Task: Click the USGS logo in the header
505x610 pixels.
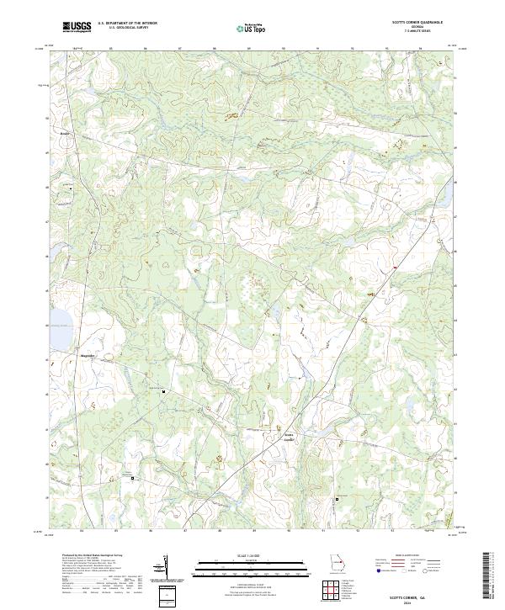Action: click(77, 27)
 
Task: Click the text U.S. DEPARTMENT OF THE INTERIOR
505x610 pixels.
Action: click(128, 23)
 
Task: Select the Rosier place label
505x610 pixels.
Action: click(65, 133)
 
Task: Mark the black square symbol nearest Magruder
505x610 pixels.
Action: click(163, 390)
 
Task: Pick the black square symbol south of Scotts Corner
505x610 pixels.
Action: click(338, 498)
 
